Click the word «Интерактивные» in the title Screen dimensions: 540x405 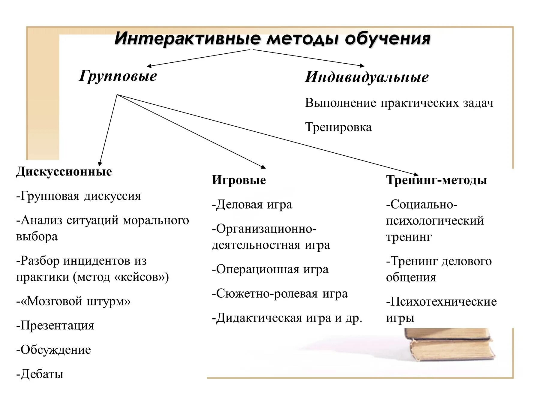coord(187,39)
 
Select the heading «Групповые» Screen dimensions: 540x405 coord(118,76)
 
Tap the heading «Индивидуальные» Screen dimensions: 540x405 coord(367,77)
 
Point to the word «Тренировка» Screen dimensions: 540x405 coord(338,127)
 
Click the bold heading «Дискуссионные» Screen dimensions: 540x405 coord(64,172)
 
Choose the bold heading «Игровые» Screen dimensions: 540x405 coord(239,180)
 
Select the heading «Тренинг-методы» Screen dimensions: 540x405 coord(436,180)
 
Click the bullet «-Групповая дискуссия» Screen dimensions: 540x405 coord(79,196)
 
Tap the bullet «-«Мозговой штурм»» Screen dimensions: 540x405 coord(73,301)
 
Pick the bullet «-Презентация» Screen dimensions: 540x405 coord(55,325)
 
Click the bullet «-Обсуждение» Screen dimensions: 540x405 coord(54,350)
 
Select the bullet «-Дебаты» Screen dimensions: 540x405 coord(40,374)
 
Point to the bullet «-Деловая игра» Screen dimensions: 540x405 coord(252,205)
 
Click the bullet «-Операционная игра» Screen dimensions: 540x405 coord(270,269)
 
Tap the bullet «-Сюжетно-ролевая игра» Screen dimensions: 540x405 coord(280,294)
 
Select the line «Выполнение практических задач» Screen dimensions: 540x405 coord(399,103)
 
